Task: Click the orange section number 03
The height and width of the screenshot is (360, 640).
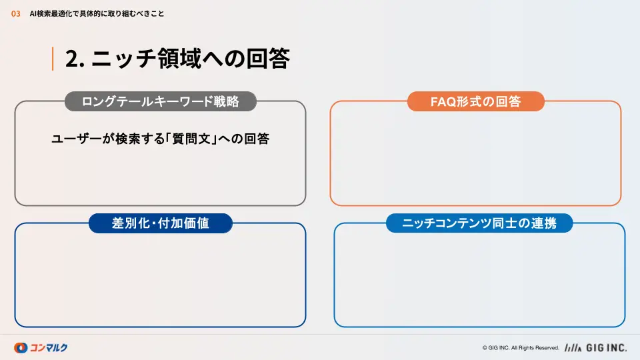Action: coord(15,14)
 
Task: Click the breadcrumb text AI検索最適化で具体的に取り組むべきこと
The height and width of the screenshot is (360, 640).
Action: coord(97,14)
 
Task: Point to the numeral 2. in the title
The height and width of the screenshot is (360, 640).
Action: coord(75,59)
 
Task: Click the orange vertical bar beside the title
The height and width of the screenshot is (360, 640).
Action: coord(53,59)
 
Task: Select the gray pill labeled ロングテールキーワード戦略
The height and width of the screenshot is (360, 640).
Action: coord(161,101)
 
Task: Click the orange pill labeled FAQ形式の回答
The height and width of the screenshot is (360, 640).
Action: coord(476,101)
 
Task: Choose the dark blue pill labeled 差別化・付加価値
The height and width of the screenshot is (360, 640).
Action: coord(161,223)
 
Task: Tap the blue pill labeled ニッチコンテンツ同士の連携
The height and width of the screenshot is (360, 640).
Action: coord(479,223)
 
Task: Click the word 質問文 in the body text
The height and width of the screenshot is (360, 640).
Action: coord(191,139)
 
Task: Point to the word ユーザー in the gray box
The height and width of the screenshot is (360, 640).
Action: coord(76,139)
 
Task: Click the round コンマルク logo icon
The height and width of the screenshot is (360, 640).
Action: coord(21,348)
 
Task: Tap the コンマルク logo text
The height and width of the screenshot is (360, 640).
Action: coord(49,348)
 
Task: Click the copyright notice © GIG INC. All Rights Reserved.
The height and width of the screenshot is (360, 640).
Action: coord(521,348)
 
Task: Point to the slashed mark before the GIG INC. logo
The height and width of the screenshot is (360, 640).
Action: coord(573,348)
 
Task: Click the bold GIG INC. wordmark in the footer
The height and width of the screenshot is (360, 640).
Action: coord(607,348)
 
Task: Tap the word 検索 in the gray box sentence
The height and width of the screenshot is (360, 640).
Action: coord(128,139)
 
